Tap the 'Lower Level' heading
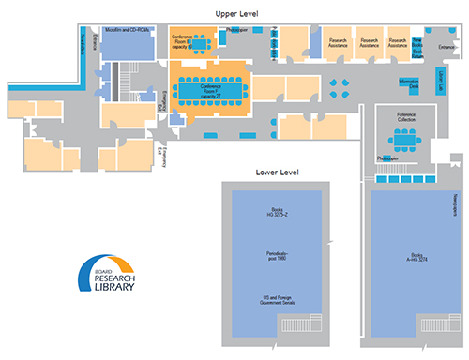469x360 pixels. (x=277, y=173)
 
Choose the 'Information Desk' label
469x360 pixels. (x=408, y=83)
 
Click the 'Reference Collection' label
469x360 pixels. (x=405, y=118)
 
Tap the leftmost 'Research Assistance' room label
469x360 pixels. (x=340, y=42)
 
